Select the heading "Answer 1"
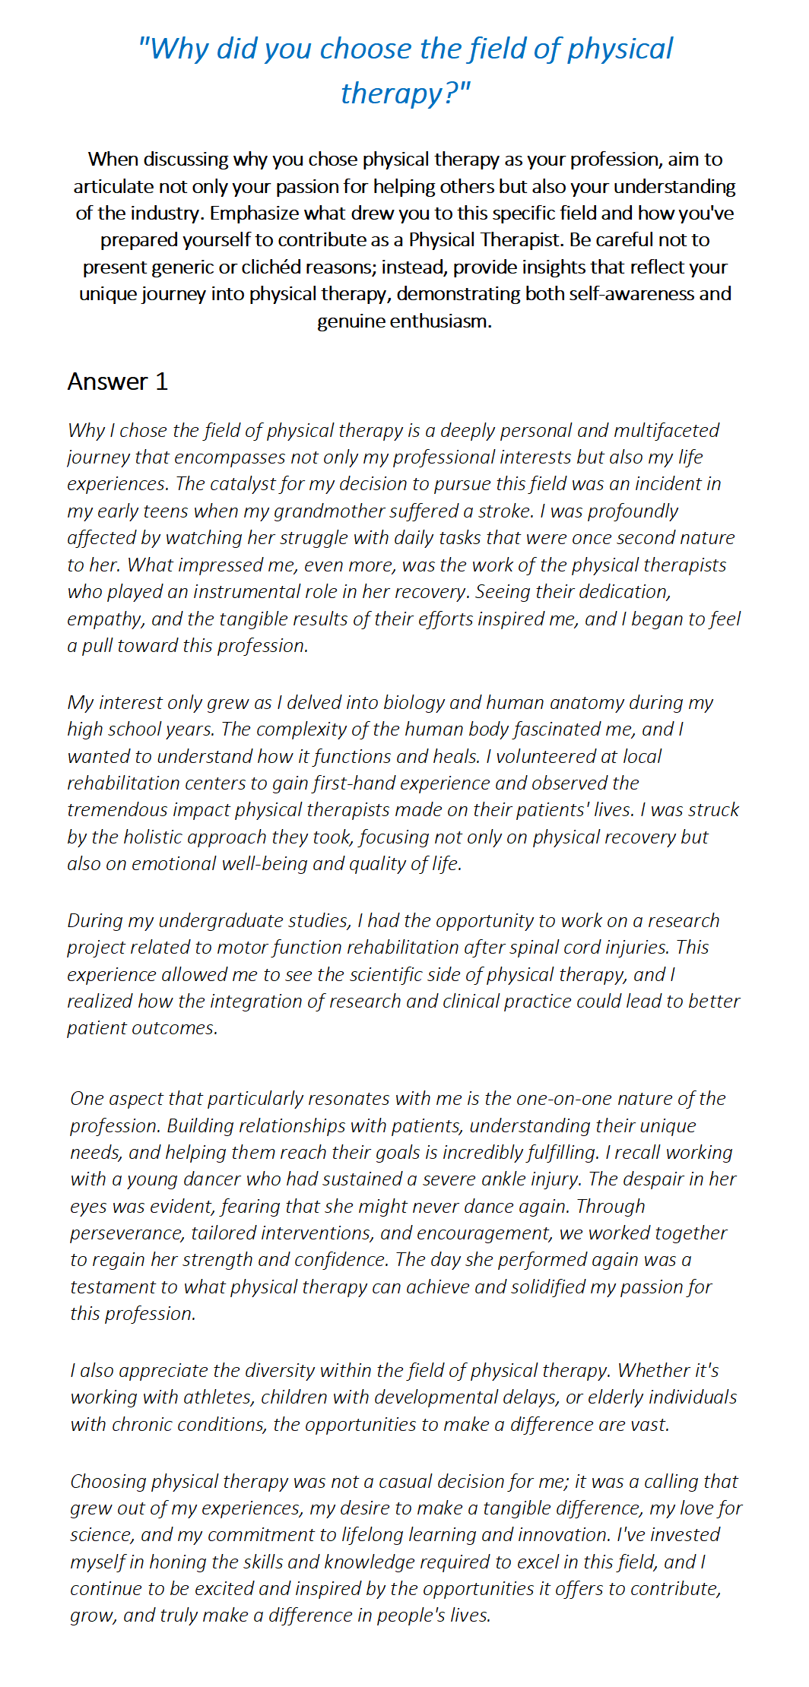click(117, 381)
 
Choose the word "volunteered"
click(546, 757)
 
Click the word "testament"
click(110, 1287)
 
